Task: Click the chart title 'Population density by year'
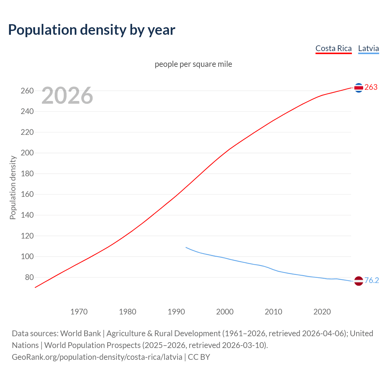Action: point(92,30)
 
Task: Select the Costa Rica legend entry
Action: point(333,48)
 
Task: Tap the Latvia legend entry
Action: point(368,48)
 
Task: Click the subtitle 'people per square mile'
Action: point(193,64)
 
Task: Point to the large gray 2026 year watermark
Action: point(67,96)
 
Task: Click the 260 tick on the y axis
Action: point(27,91)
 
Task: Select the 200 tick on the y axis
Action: point(27,153)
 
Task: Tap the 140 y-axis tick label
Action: point(27,215)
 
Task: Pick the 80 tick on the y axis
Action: point(29,277)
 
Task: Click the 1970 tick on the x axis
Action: point(79,311)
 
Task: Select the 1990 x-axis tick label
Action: point(176,311)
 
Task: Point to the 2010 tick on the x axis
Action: point(273,311)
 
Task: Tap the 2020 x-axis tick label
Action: point(322,311)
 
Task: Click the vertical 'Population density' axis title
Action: point(13,187)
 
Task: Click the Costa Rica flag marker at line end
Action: point(359,88)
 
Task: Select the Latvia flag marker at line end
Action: point(359,281)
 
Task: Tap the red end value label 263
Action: point(371,87)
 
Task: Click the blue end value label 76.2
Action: point(372,280)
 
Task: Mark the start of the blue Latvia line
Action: point(186,247)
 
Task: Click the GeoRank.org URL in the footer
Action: point(97,357)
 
